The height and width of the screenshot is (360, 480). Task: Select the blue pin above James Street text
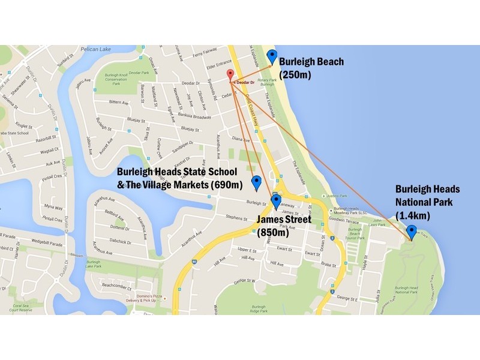pos(276,202)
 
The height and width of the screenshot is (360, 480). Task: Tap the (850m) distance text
pos(273,233)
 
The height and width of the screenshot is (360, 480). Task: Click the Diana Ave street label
pos(241,139)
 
